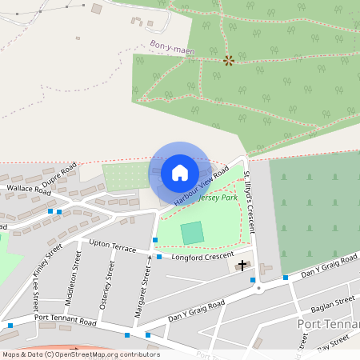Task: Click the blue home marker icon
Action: pyautogui.click(x=180, y=173)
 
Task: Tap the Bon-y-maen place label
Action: pyautogui.click(x=172, y=49)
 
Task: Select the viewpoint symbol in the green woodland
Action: pyautogui.click(x=229, y=60)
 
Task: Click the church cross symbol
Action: pyautogui.click(x=242, y=264)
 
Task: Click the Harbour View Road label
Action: pyautogui.click(x=201, y=186)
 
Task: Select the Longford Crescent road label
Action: pyautogui.click(x=194, y=257)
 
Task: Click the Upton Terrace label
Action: pyautogui.click(x=113, y=246)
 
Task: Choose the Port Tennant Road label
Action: pyautogui.click(x=63, y=321)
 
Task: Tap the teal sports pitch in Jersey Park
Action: pyautogui.click(x=192, y=234)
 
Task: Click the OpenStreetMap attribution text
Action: pyautogui.click(x=81, y=354)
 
